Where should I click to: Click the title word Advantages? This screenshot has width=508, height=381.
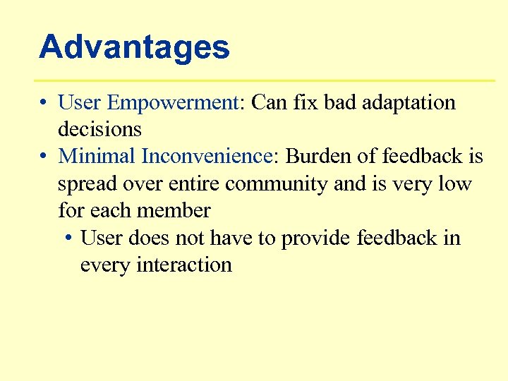134,47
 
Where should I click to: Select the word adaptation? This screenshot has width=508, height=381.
409,103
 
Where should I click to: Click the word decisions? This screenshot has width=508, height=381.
99,130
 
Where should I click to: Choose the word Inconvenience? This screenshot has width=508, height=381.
207,156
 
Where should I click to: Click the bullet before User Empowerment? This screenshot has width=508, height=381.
44,104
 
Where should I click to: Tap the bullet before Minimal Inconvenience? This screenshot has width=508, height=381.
44,157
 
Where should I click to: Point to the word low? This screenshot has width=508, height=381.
454,183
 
